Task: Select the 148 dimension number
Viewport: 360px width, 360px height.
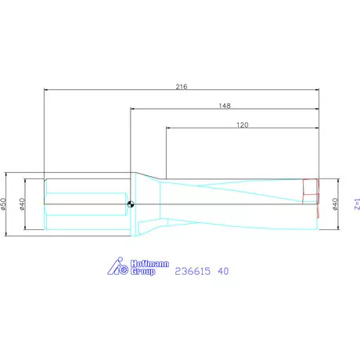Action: pos(225,105)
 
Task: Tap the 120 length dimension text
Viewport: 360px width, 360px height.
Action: pos(242,124)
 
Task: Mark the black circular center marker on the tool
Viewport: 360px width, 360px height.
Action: pos(130,205)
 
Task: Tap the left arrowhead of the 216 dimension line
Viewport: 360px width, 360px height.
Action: pos(47,90)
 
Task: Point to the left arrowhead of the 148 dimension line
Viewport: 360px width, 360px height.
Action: pos(132,110)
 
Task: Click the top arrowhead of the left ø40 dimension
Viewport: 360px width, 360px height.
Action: pos(26,182)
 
